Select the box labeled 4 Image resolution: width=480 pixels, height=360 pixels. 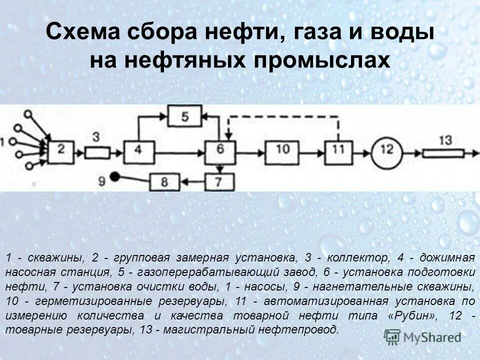[x=137, y=149]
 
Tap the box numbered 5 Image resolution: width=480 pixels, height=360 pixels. [x=184, y=116]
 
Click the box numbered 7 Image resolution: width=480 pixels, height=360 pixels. [x=217, y=180]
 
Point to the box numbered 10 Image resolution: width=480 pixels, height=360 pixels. [x=282, y=149]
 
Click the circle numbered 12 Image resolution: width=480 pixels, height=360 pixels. [x=388, y=149]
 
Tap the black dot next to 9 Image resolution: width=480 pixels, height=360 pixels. [x=115, y=176]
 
